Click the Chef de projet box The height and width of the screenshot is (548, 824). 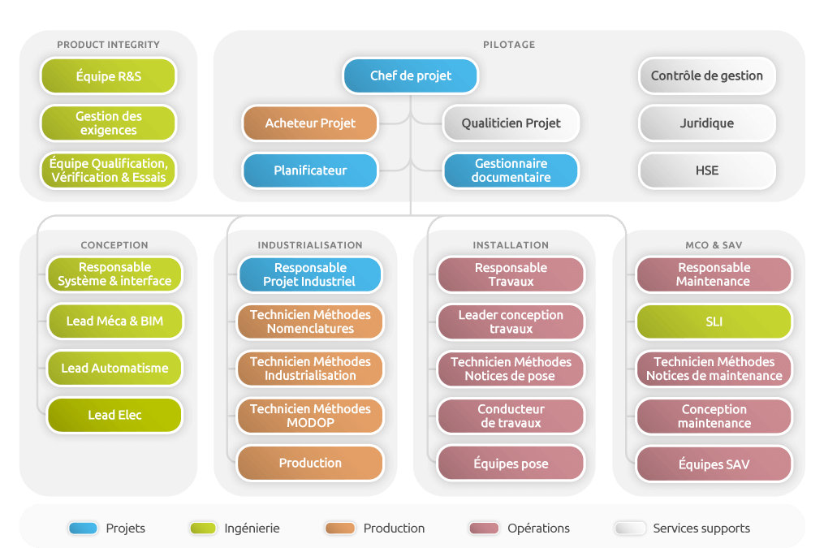[x=411, y=76]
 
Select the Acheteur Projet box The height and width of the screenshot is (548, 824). [x=310, y=123]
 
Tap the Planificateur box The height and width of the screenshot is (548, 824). [x=310, y=170]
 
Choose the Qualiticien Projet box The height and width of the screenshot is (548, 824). [x=511, y=123]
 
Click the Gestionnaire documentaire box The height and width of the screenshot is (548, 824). [x=511, y=170]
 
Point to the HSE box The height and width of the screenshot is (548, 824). [x=707, y=170]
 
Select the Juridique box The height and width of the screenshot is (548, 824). [x=707, y=123]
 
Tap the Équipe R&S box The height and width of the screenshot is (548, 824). [x=108, y=76]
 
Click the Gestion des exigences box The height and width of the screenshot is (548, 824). [x=108, y=123]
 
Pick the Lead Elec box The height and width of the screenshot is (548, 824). [x=114, y=415]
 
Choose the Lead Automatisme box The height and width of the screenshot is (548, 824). [x=114, y=368]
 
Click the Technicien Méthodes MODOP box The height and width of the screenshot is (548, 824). [x=310, y=416]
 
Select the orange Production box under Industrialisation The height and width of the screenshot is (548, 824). [x=310, y=463]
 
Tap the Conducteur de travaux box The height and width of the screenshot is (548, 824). [x=511, y=416]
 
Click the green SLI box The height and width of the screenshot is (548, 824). [x=714, y=321]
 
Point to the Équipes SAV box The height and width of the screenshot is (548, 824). [x=714, y=464]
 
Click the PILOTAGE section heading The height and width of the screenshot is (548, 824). [x=509, y=45]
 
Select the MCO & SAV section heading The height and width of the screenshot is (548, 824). [x=714, y=245]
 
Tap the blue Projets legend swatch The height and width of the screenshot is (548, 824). [x=83, y=528]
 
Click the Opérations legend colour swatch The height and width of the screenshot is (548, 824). [x=485, y=528]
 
